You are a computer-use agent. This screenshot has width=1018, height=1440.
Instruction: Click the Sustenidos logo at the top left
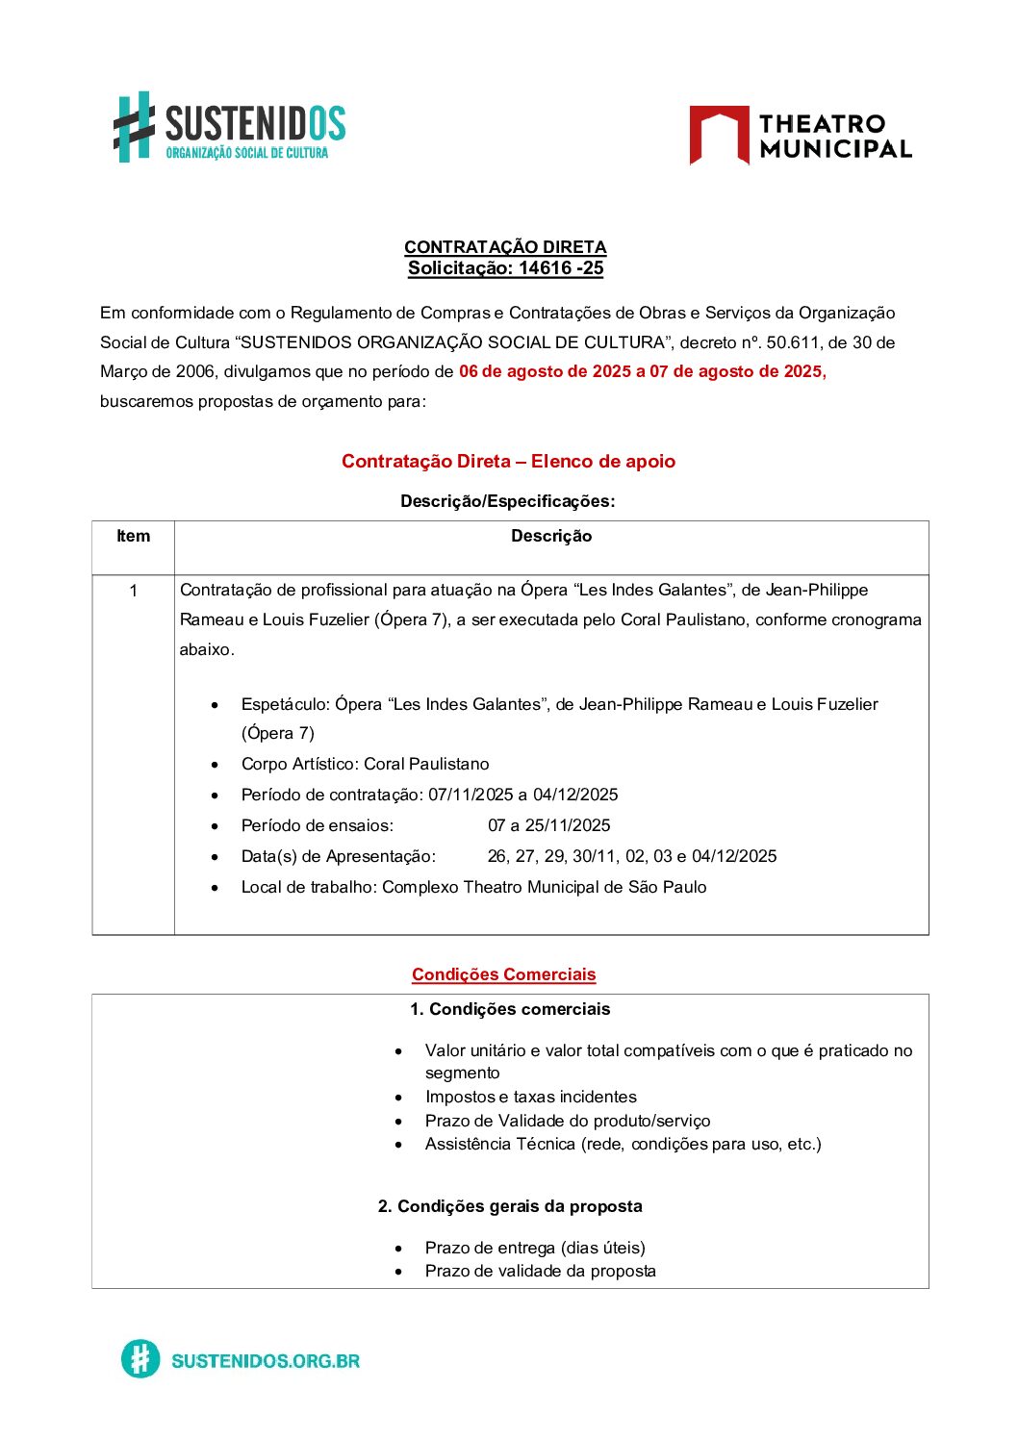tap(229, 126)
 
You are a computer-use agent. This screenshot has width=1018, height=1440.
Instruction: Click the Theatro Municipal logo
tap(800, 136)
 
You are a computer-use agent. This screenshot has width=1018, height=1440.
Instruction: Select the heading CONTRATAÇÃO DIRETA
tap(505, 247)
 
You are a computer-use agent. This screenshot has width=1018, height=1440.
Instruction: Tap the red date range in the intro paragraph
tap(642, 371)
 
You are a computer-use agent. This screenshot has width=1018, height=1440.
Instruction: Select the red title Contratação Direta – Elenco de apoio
tap(508, 462)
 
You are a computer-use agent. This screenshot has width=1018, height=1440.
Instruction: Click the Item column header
tap(133, 537)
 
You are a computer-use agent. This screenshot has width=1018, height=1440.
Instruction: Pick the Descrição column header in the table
tap(551, 537)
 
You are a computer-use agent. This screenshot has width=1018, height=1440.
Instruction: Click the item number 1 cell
tap(133, 591)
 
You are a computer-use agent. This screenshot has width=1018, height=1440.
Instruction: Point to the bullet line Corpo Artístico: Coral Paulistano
tap(365, 764)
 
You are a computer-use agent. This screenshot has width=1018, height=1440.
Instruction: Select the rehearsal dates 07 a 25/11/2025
tap(548, 825)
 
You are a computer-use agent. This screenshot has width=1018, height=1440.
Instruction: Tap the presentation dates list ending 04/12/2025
tap(631, 856)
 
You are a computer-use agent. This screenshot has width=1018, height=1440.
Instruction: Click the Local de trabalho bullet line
tap(473, 887)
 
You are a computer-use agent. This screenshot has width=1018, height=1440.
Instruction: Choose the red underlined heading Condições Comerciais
tap(504, 974)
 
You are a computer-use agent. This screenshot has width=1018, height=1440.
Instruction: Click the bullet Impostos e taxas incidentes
tap(530, 1097)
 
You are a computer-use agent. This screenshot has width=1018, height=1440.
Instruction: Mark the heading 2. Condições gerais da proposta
tap(510, 1206)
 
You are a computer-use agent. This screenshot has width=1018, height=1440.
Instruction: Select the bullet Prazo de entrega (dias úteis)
tap(535, 1248)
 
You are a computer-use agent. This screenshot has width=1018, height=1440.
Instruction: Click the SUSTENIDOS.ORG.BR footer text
tap(265, 1360)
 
